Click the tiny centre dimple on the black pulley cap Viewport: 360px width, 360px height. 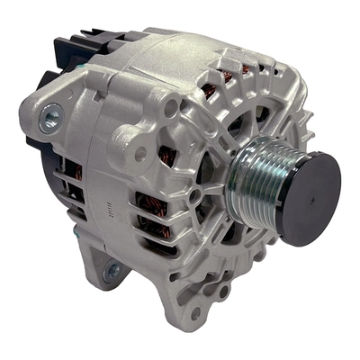tap(309, 196)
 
